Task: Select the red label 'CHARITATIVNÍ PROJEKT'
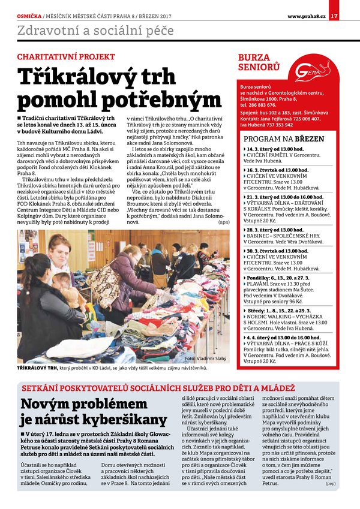tap(65, 56)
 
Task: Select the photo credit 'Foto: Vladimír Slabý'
tap(206, 358)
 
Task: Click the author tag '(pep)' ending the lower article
tap(331, 483)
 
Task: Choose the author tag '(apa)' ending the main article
tap(224, 222)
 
